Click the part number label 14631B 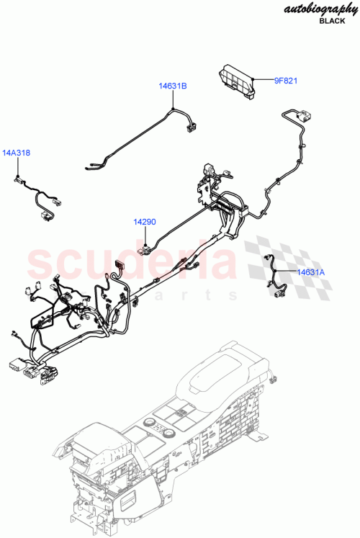coord(173,86)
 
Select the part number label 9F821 coord(285,81)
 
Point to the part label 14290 coord(144,223)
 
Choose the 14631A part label coord(312,272)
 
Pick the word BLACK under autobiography coord(332,22)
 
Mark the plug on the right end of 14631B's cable coord(192,128)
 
